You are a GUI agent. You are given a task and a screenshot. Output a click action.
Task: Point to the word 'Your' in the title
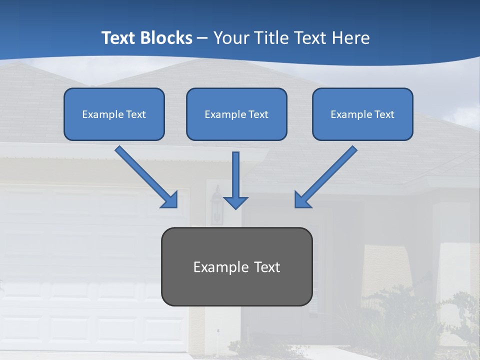[x=231, y=38]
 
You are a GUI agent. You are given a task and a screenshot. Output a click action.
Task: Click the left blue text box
[x=114, y=114]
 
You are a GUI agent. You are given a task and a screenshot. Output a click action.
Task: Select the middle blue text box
[x=236, y=114]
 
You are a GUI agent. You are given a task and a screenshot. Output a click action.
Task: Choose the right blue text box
[x=362, y=114]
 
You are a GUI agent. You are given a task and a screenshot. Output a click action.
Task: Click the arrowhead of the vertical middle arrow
[x=235, y=202]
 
